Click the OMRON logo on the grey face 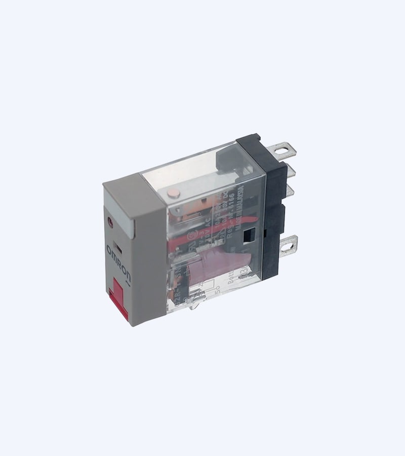pyautogui.click(x=120, y=262)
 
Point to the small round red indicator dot pyautogui.click(x=110, y=222)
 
